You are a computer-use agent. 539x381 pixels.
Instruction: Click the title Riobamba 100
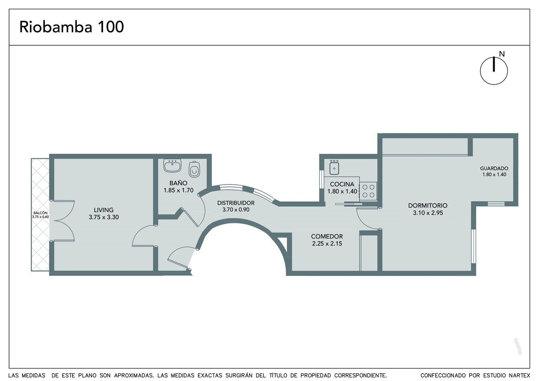click(72, 27)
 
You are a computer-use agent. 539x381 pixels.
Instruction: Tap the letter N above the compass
click(502, 54)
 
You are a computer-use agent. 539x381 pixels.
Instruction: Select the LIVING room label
click(104, 210)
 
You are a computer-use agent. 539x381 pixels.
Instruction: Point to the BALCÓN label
click(41, 213)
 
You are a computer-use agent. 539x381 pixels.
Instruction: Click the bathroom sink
click(172, 165)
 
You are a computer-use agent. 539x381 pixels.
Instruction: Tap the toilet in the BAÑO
click(194, 169)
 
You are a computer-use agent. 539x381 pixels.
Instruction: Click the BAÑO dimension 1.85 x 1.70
click(178, 190)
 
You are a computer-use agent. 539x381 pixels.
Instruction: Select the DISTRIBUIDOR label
click(236, 203)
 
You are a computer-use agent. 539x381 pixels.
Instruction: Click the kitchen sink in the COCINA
click(334, 167)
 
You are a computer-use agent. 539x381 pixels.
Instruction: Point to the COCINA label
click(342, 184)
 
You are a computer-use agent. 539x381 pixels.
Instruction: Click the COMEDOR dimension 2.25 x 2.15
click(327, 243)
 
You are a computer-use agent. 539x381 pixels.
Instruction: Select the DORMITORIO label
click(428, 206)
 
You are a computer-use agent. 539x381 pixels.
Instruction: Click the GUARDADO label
click(494, 169)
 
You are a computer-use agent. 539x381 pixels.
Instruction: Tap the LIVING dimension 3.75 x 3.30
click(104, 217)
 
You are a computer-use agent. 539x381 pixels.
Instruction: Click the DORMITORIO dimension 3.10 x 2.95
click(428, 213)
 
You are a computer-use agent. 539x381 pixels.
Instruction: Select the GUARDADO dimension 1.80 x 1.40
click(494, 175)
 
